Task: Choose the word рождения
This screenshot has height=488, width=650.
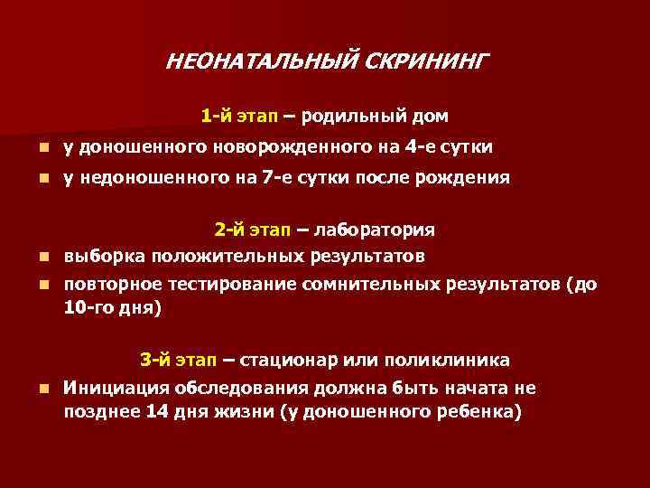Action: click(465, 178)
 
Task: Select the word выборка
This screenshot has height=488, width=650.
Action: click(104, 255)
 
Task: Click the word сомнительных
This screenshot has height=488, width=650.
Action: click(376, 285)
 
